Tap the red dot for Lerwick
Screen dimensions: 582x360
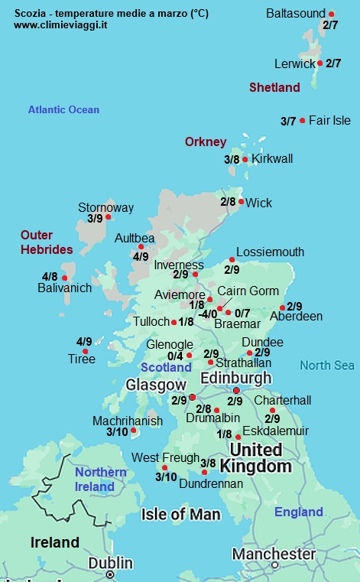[x=319, y=63]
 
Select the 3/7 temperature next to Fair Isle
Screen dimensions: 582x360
[x=288, y=121]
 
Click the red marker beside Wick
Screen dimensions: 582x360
[x=242, y=202]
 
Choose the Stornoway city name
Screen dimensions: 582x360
[x=105, y=207]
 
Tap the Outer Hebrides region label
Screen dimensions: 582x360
[x=47, y=242]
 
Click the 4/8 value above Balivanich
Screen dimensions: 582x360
[x=50, y=276]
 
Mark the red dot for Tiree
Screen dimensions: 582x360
[x=85, y=352]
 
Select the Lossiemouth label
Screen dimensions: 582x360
[x=270, y=252]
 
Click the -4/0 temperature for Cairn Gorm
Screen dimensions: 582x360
[x=208, y=314]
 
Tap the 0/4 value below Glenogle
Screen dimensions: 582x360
[x=175, y=356]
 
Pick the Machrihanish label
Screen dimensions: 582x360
[x=128, y=421]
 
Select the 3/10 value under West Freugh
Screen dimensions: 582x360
[x=166, y=477]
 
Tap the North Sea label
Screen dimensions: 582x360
[x=327, y=366]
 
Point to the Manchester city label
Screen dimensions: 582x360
[x=274, y=554]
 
